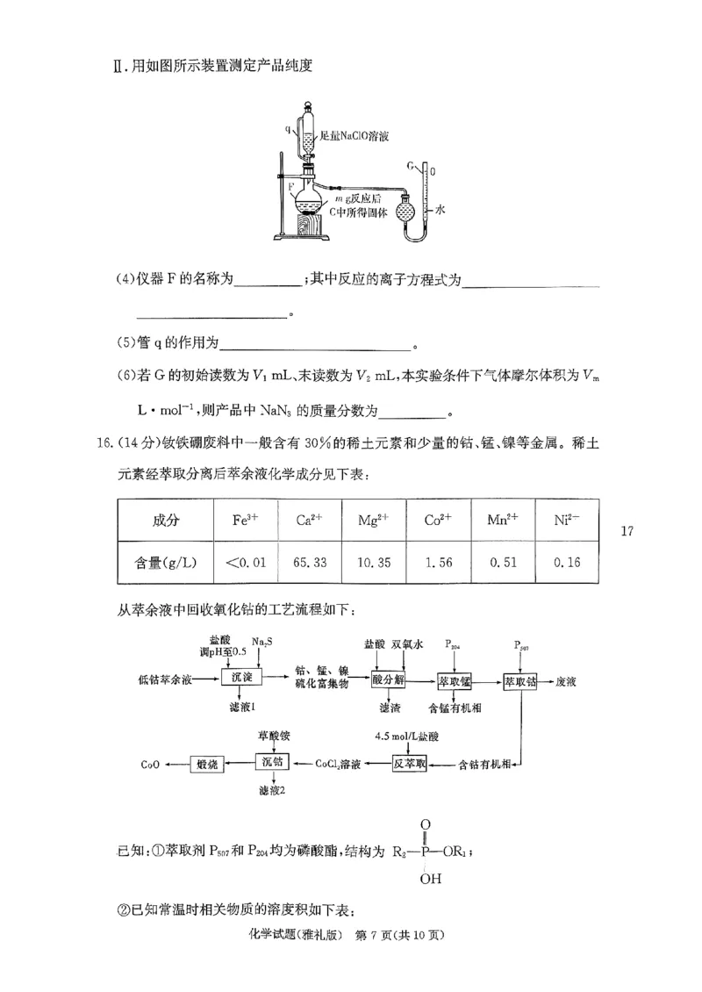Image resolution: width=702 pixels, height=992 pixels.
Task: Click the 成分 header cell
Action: click(165, 520)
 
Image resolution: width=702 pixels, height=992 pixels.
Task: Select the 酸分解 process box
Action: click(387, 679)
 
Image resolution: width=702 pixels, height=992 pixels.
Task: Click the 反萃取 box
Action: click(410, 763)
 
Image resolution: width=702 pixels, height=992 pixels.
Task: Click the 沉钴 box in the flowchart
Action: click(273, 763)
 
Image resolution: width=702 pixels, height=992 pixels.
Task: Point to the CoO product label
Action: click(149, 764)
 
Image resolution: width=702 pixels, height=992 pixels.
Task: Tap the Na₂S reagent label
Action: click(262, 643)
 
